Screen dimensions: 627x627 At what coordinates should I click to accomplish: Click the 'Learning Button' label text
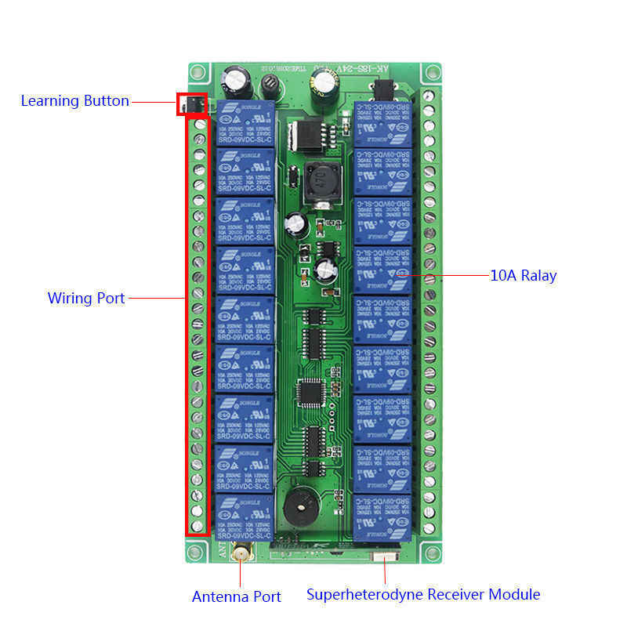pyautogui.click(x=75, y=101)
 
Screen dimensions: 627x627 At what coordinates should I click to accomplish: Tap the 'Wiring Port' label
pyautogui.click(x=86, y=298)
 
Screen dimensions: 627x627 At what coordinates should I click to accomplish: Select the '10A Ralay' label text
pyautogui.click(x=524, y=276)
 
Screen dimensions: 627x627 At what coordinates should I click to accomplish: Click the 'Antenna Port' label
pyautogui.click(x=237, y=597)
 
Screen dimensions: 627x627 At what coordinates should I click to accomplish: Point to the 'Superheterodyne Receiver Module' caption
pyautogui.click(x=423, y=595)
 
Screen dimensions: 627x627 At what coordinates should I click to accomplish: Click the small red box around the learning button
pyautogui.click(x=192, y=104)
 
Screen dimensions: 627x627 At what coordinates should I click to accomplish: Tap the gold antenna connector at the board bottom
pyautogui.click(x=243, y=556)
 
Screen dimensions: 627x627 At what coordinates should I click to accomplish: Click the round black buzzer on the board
pyautogui.click(x=301, y=506)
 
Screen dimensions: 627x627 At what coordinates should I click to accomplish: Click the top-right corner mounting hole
pyautogui.click(x=430, y=75)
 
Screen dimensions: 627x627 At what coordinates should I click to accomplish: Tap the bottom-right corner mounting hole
pyautogui.click(x=430, y=551)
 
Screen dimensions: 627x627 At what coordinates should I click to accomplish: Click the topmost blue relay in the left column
pyautogui.click(x=245, y=123)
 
